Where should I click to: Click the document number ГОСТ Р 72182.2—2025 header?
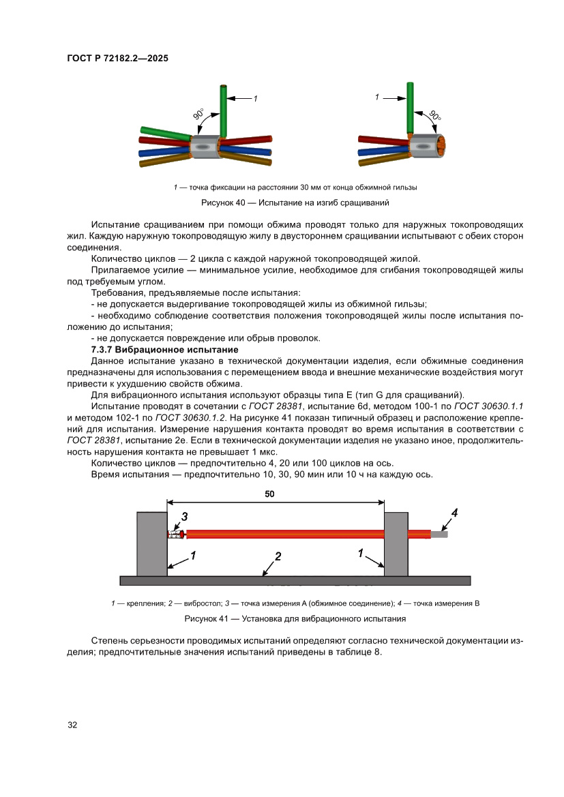[x=117, y=59]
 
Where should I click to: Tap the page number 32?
[x=72, y=725]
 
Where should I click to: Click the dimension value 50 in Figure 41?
[x=270, y=496]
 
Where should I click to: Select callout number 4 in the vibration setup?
[x=455, y=512]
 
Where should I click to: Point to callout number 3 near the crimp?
[x=183, y=516]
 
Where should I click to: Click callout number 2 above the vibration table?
[x=278, y=556]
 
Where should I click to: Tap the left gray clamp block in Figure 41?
[x=152, y=543]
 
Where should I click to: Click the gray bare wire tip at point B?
[x=439, y=535]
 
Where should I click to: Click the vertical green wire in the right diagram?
[x=410, y=108]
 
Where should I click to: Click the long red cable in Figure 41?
[x=286, y=535]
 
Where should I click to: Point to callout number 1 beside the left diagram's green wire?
[x=255, y=99]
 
